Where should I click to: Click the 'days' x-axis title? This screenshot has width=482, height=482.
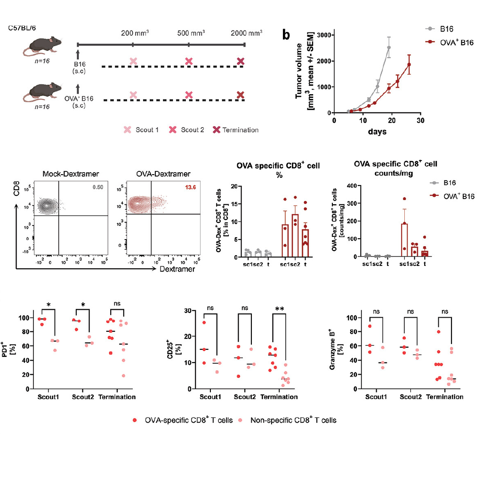tap(378, 132)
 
